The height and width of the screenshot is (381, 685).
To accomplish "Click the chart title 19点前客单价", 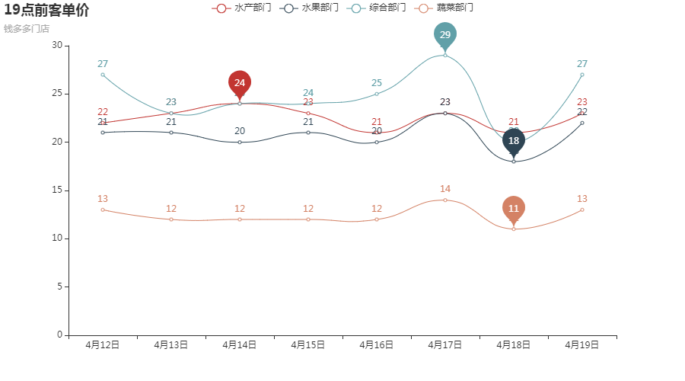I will tap(46, 11).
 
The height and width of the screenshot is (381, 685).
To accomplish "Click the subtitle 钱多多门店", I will tap(27, 29).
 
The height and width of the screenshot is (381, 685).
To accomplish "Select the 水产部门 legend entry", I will tap(242, 8).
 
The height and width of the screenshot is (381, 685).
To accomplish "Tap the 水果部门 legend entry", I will tap(310, 8).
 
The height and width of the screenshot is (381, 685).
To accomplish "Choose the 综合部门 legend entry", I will tap(377, 8).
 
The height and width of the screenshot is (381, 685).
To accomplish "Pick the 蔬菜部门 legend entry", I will tap(444, 8).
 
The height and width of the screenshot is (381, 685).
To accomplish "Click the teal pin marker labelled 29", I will tap(445, 35).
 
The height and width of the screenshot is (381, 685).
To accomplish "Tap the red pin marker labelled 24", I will tap(240, 83).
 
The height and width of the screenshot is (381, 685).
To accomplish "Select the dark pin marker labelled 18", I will tap(514, 141).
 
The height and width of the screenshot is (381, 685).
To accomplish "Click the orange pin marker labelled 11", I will tap(514, 209).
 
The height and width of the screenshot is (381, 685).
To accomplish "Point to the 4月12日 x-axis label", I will tap(103, 345).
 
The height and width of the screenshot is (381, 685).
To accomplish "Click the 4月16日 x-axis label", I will tap(377, 345).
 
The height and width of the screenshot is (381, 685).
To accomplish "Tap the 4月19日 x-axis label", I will tap(582, 345).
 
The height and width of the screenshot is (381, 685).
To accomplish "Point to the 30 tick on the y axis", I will tap(57, 46).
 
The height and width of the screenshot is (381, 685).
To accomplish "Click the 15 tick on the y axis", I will tap(57, 190).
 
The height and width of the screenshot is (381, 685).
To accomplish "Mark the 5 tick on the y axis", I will tap(59, 287).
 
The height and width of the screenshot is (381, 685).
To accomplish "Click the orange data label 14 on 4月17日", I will tap(445, 189).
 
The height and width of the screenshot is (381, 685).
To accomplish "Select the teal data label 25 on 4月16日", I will tap(377, 83).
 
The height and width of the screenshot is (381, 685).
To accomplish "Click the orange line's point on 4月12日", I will tap(103, 210).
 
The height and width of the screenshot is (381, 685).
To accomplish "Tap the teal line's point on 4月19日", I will tap(582, 75).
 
